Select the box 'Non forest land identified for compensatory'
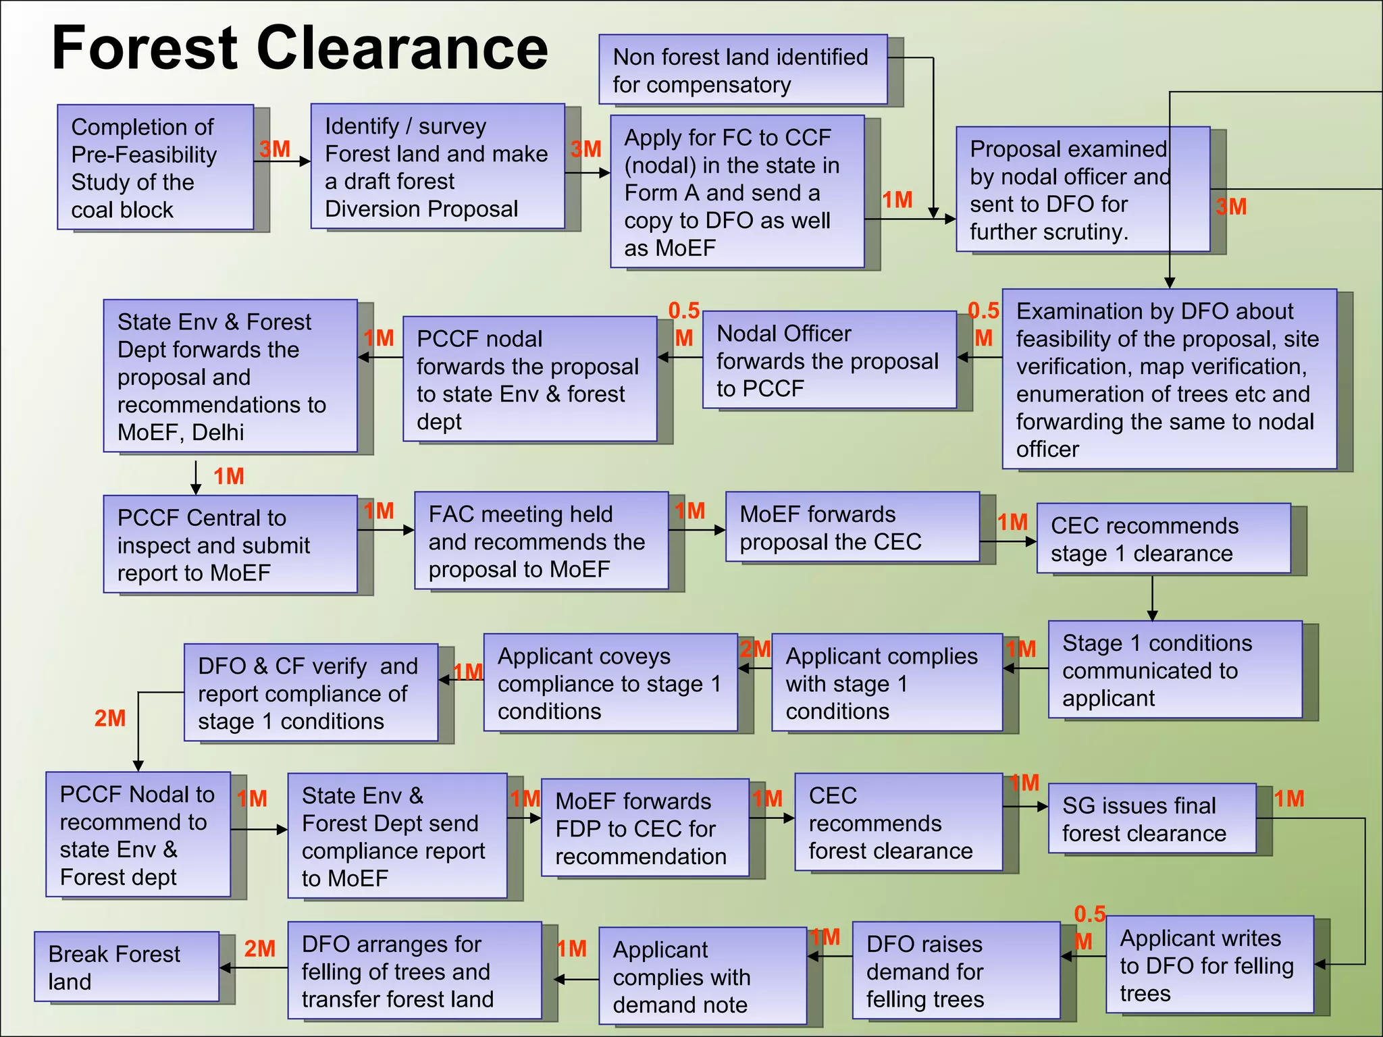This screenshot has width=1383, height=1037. (x=742, y=70)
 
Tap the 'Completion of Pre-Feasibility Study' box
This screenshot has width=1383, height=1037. (x=155, y=167)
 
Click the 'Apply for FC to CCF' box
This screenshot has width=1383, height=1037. (x=737, y=192)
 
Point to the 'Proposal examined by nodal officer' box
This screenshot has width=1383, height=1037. (x=1082, y=190)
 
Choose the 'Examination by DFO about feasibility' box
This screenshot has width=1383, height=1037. (x=1169, y=379)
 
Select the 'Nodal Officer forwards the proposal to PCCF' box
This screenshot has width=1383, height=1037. (x=829, y=360)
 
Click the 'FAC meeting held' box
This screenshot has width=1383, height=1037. (x=541, y=541)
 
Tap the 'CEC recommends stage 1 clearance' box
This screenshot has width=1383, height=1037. (x=1163, y=539)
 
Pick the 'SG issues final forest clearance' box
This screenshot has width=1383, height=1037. (x=1152, y=819)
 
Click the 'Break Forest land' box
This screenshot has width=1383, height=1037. (x=127, y=967)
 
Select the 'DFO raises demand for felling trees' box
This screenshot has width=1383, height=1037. (x=956, y=971)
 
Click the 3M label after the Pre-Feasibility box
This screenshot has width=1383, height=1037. (x=275, y=149)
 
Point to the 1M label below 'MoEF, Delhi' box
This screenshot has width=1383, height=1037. (x=229, y=477)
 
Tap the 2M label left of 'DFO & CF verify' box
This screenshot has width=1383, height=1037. (x=110, y=718)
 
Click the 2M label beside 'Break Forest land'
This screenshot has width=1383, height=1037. (x=259, y=949)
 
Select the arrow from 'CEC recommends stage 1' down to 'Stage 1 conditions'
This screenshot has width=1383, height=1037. (x=1152, y=597)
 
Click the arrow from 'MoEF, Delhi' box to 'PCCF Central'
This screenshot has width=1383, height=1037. (x=196, y=477)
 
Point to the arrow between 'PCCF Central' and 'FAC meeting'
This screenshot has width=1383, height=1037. (x=386, y=531)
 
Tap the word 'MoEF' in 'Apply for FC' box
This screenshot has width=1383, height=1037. (x=685, y=248)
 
